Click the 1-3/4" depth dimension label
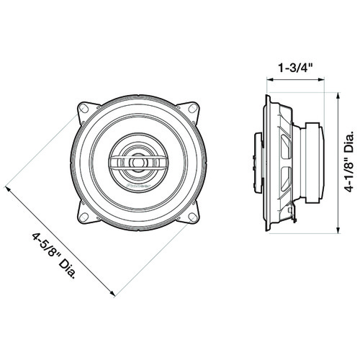coord(295,68)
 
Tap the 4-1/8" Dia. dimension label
coord(349,161)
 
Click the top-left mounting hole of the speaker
coord(84,109)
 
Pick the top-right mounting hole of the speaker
coord(192,108)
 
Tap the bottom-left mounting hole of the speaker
coord(84,217)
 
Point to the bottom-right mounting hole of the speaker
coord(193,217)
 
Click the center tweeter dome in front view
coord(138,163)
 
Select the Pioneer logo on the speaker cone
coord(138,186)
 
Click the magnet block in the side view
coord(315,163)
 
